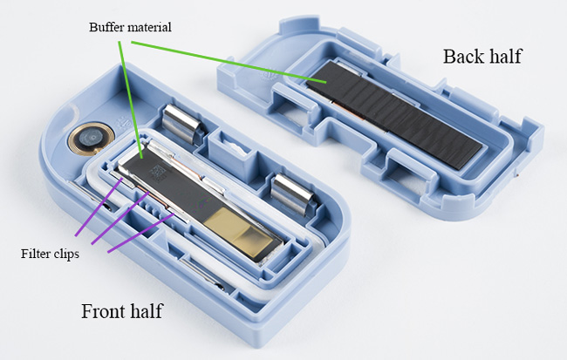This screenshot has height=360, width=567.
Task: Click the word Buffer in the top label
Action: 107,27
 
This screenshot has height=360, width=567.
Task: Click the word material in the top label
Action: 150,27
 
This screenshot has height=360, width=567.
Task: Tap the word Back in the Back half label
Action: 460,58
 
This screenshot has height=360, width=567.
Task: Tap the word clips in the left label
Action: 65,255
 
